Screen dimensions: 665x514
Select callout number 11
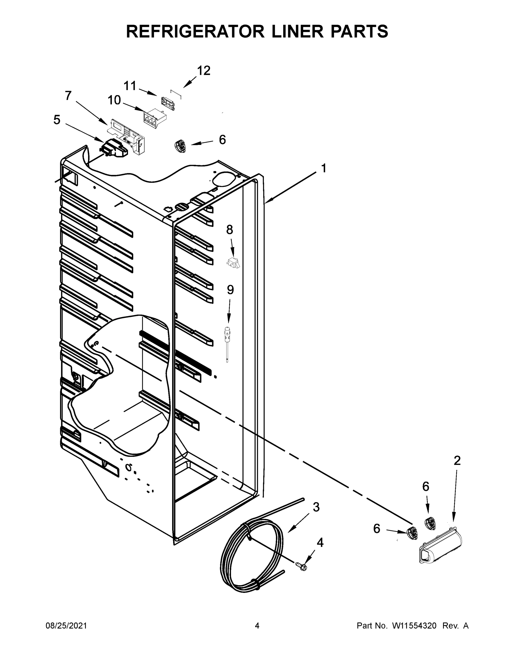pyautogui.click(x=130, y=86)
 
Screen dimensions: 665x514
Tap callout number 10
pyautogui.click(x=114, y=100)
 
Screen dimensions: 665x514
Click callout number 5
pyautogui.click(x=57, y=120)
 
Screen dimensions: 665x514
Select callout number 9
pyautogui.click(x=230, y=290)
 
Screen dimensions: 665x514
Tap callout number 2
pyautogui.click(x=457, y=461)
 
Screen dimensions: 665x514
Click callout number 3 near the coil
pyautogui.click(x=316, y=507)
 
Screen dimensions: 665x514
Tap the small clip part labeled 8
pyautogui.click(x=233, y=262)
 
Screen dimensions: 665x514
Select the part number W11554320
pyautogui.click(x=414, y=626)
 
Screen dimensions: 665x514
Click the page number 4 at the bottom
pyautogui.click(x=257, y=626)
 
